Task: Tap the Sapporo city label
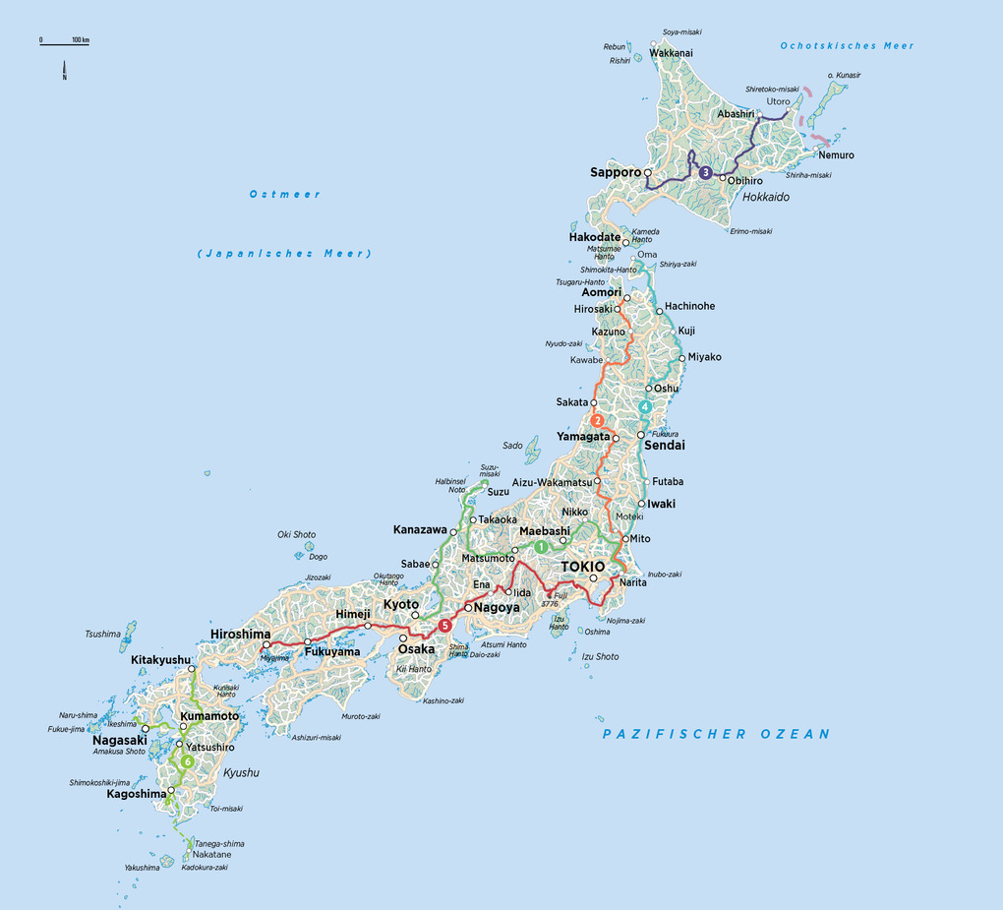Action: point(615,172)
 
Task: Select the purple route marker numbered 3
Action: point(705,173)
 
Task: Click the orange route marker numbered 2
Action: point(597,421)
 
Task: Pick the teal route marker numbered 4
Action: point(645,406)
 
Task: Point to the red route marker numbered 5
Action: point(445,626)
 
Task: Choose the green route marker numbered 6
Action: point(186,760)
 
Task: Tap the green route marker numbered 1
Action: point(540,546)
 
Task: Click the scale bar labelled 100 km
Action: point(64,41)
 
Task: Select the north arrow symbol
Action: point(64,71)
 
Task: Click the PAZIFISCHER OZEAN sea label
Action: point(716,734)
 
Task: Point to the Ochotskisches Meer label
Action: point(847,45)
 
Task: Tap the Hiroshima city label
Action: point(240,635)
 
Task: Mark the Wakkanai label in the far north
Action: point(671,52)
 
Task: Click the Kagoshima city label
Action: point(137,794)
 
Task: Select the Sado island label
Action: point(512,445)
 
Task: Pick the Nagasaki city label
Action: point(120,740)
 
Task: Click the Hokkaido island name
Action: point(766,197)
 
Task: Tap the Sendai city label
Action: point(664,446)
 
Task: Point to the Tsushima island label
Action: point(102,634)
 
